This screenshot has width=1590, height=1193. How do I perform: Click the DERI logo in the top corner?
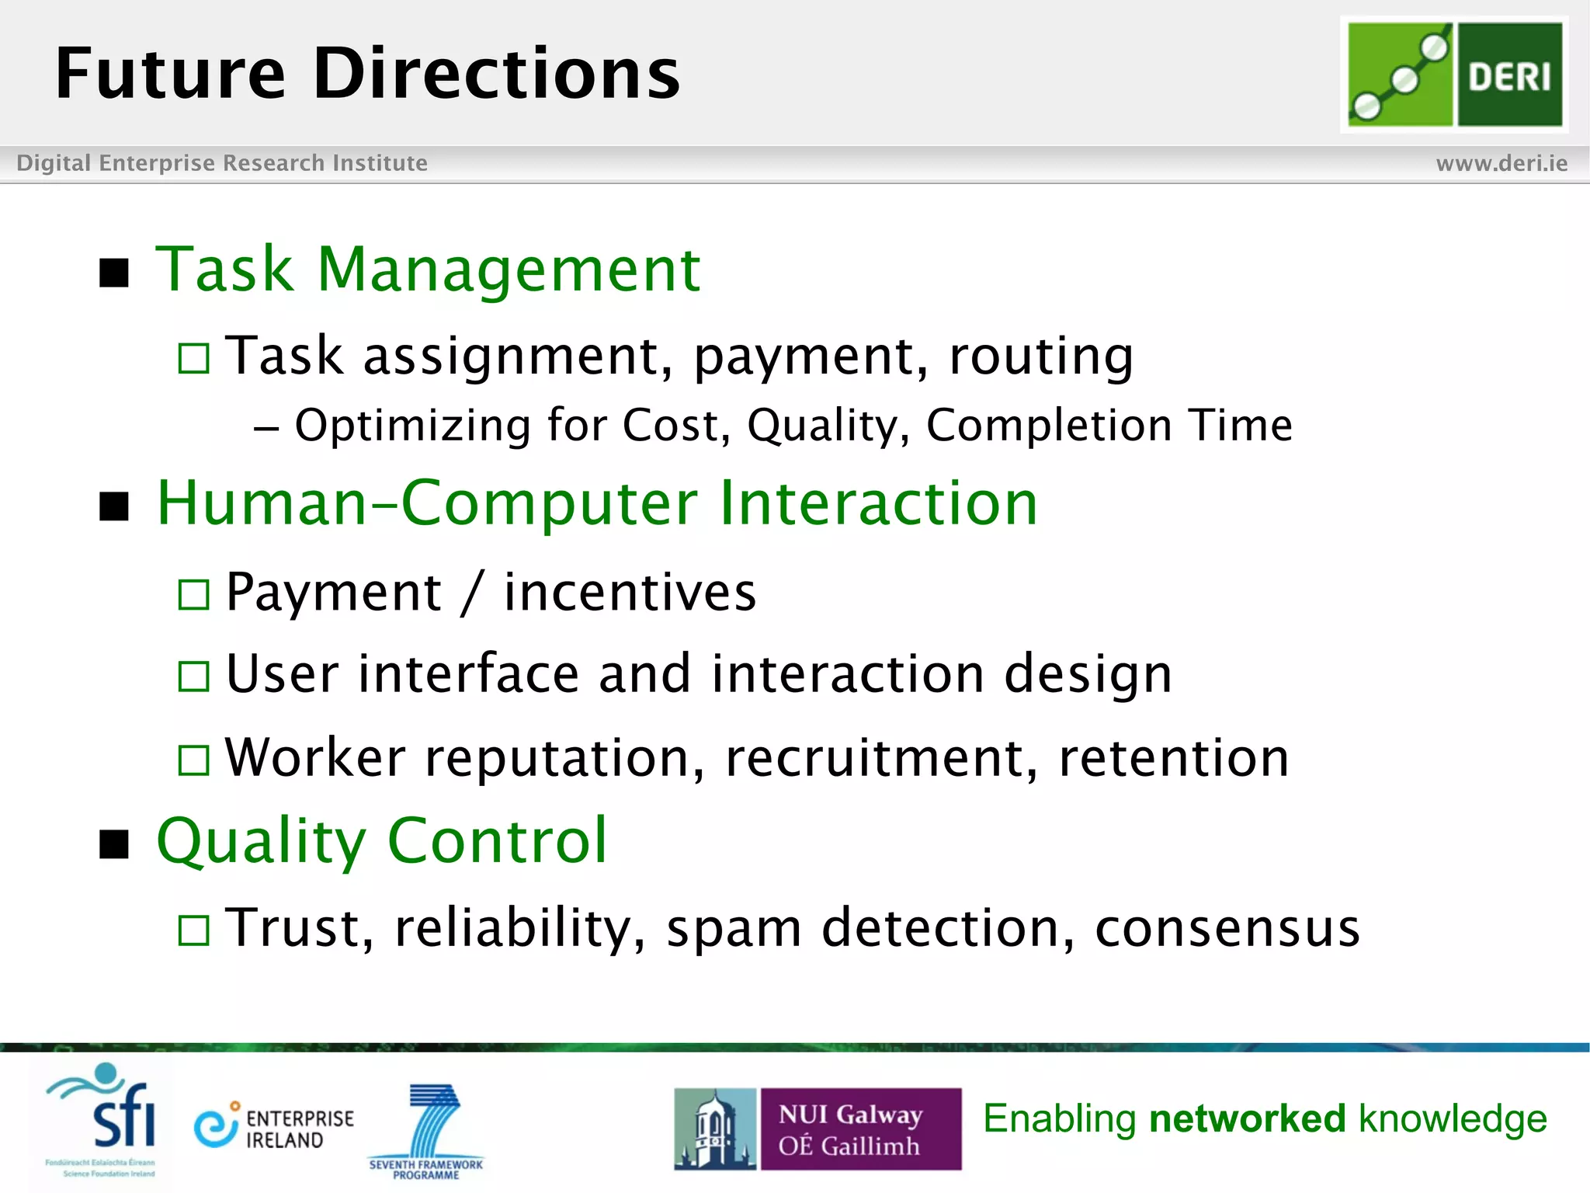coord(1454,74)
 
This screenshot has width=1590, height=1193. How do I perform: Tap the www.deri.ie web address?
coord(1501,163)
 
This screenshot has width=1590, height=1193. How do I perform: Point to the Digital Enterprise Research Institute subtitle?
coord(222,163)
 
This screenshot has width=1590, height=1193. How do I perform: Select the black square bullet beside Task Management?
coord(114,273)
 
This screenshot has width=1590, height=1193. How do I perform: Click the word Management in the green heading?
coord(509,270)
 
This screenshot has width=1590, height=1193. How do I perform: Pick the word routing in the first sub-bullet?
coord(1040,357)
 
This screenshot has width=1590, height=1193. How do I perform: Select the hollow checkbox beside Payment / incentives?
coord(193,595)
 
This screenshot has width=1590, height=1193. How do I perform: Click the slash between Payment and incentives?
coord(472,593)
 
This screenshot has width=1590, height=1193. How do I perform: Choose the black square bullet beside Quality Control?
coord(114,843)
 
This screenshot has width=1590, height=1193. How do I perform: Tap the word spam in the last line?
coord(734,929)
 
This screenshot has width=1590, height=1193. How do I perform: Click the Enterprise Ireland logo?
coord(273,1128)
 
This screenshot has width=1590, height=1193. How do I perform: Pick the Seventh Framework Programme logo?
coord(426,1130)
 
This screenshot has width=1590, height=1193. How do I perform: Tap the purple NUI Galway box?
coord(860,1129)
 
